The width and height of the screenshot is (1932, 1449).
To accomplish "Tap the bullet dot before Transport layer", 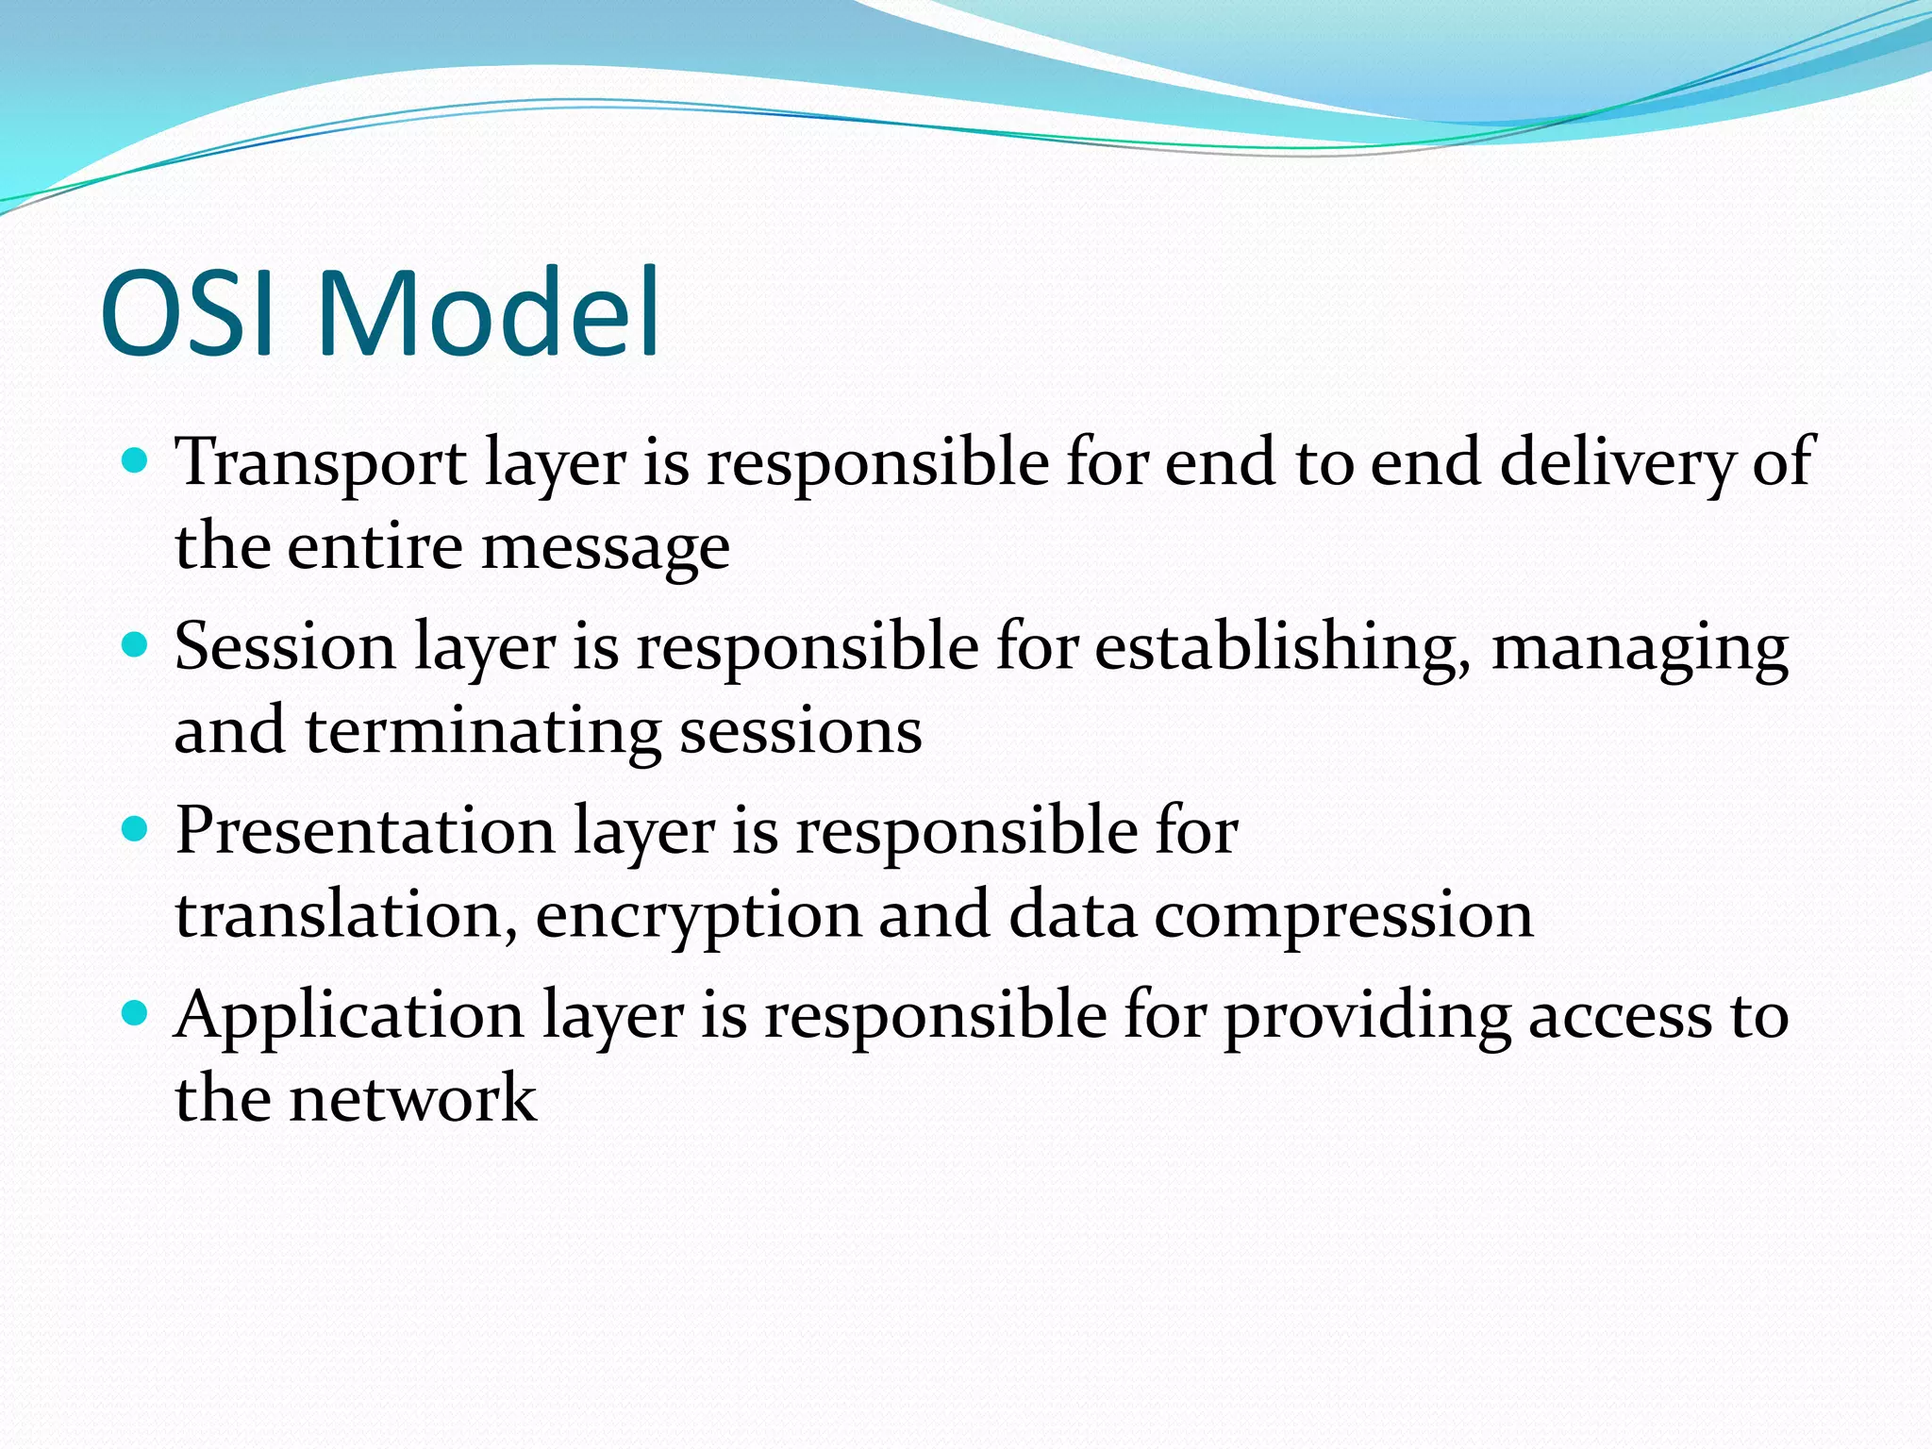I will pos(136,460).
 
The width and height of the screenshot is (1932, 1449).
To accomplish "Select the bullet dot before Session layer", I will pos(136,645).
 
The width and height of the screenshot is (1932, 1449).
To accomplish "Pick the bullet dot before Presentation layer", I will pos(136,829).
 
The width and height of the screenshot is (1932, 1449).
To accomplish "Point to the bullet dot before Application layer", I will pos(136,1014).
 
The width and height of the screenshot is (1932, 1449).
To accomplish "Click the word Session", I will pos(285,648).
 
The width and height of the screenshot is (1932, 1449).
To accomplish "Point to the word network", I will pos(412,1099).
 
